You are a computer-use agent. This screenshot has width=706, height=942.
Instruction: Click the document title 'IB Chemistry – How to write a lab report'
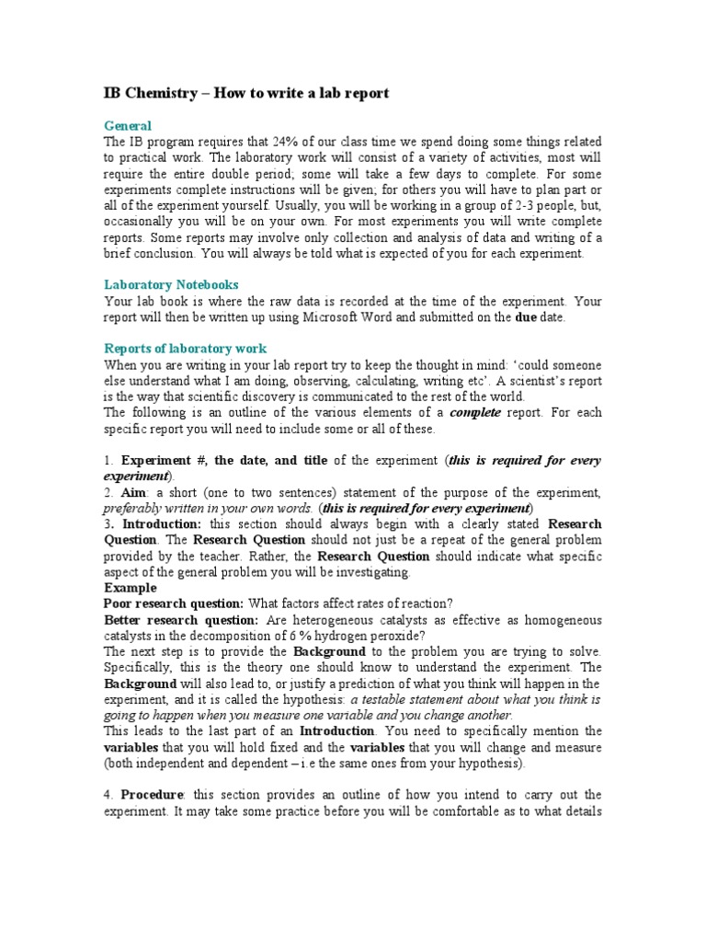click(245, 93)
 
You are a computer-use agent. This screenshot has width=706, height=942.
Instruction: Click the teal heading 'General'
click(127, 125)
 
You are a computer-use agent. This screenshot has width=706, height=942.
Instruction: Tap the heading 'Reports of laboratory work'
click(185, 348)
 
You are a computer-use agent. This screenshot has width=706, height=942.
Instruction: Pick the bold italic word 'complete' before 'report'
click(474, 413)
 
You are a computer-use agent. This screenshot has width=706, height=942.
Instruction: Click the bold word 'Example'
click(130, 588)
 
